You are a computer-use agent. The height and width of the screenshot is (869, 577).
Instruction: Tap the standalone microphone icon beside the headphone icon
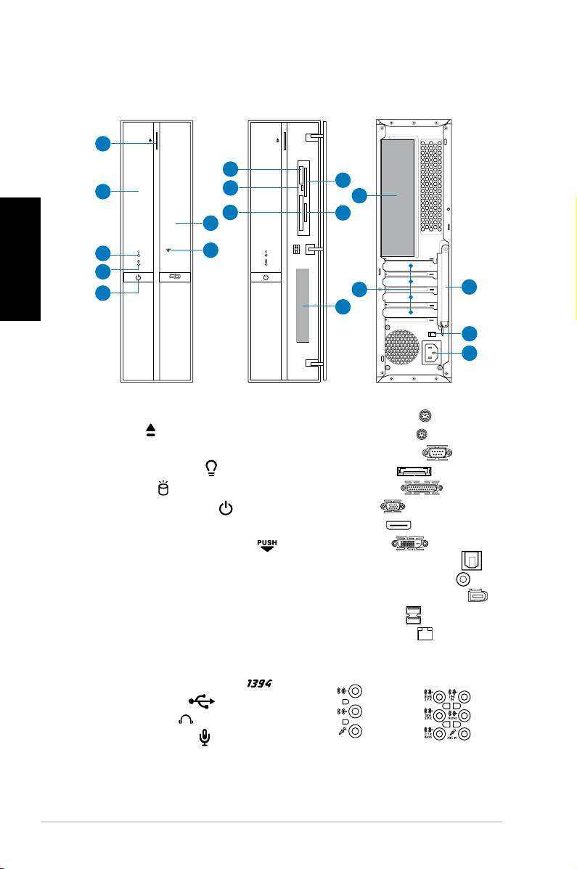pos(205,738)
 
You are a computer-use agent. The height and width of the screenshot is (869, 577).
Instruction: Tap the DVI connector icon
pos(406,544)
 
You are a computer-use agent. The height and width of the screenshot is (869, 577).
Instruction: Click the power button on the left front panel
pos(137,277)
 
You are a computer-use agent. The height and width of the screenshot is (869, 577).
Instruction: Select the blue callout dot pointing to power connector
pos(470,354)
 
